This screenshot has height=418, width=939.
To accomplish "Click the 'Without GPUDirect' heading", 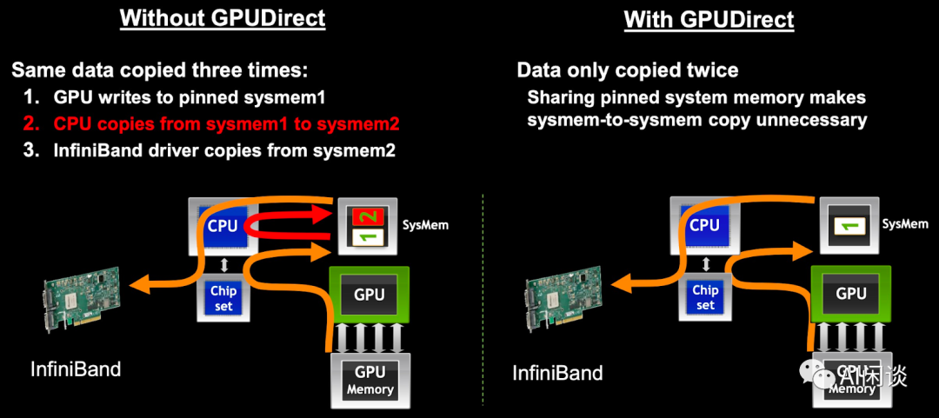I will (x=222, y=18).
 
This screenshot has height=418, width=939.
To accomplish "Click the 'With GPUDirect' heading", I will (x=709, y=19).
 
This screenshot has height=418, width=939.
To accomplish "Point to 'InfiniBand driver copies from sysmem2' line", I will (x=224, y=150).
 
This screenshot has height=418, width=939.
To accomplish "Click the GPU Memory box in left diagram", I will (x=370, y=381).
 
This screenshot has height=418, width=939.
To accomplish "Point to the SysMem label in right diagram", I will (x=904, y=224).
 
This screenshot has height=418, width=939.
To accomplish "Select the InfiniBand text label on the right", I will (x=556, y=374).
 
